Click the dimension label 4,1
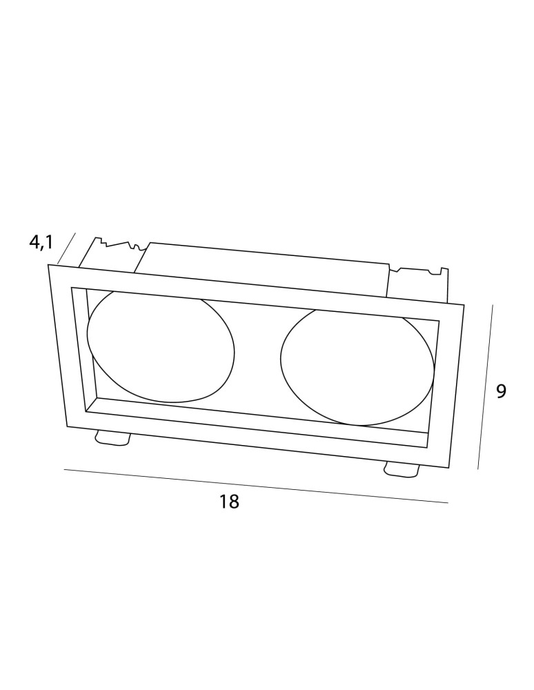pos(41,242)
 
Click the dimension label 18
pos(229,501)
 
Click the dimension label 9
pos(501,391)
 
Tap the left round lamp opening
pos(161,347)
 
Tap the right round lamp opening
pos(357,368)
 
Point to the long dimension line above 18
pos(256,485)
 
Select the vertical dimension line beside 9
pos(486,386)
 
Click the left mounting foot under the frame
pos(112,438)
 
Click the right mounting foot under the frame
pos(401,469)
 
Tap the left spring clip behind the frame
pos(112,255)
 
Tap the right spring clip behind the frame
pos(419,284)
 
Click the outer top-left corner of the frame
pos(48,264)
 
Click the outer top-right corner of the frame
pos(464,304)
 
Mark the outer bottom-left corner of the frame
pos(67,426)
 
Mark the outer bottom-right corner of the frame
pos(448,469)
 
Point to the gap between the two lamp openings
pos(257,357)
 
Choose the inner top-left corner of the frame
pos(71,287)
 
